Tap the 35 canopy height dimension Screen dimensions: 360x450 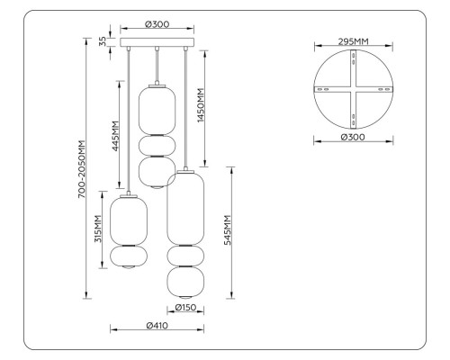click(x=103, y=41)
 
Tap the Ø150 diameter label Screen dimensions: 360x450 click(x=186, y=308)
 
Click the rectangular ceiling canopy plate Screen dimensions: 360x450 click(x=158, y=42)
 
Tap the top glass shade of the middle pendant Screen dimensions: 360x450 click(x=157, y=108)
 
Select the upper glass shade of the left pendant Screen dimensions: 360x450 click(x=127, y=220)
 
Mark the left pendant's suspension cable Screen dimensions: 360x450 click(x=131, y=117)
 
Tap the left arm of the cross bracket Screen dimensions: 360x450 click(x=328, y=91)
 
